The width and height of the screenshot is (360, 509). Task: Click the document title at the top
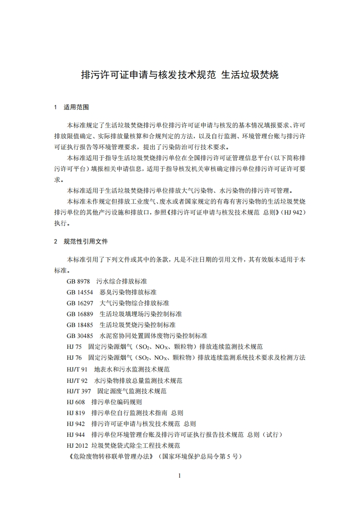click(x=179, y=75)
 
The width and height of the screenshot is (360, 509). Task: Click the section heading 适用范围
click(x=76, y=108)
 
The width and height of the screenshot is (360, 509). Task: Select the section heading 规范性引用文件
click(x=86, y=241)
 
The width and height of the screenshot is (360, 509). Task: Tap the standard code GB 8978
click(x=78, y=281)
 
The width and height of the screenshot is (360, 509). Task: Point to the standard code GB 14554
click(x=79, y=292)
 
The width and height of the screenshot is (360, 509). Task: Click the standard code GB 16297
click(x=79, y=303)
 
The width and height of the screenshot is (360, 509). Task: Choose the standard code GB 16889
click(x=79, y=314)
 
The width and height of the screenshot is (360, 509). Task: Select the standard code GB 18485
click(x=79, y=325)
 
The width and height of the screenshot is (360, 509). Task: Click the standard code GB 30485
click(x=79, y=336)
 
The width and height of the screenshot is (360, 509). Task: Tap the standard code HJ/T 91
click(x=77, y=369)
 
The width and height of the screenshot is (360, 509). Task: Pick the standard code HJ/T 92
click(x=77, y=380)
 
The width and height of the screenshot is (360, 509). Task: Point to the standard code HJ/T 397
click(x=79, y=391)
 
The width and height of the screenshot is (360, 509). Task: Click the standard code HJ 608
click(x=75, y=402)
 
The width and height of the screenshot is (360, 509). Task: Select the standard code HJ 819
click(x=75, y=413)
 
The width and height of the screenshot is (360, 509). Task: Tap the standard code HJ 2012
click(x=77, y=445)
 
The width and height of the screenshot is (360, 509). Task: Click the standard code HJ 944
click(x=75, y=435)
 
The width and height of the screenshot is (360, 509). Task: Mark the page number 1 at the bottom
click(x=180, y=475)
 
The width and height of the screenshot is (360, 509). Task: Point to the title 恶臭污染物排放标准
click(x=128, y=292)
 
